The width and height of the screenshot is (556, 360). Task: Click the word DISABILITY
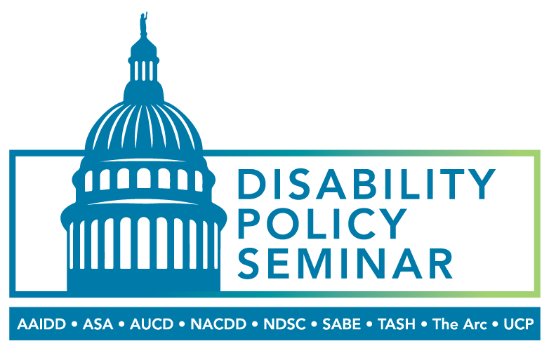pyautogui.click(x=366, y=184)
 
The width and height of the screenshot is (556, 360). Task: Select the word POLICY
pyautogui.click(x=322, y=224)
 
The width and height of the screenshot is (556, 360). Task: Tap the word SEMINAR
pyautogui.click(x=345, y=264)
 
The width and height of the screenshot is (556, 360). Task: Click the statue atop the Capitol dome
pyautogui.click(x=144, y=24)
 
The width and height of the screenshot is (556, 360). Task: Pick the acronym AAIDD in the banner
pyautogui.click(x=41, y=324)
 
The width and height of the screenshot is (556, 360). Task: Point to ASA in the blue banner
pyautogui.click(x=98, y=324)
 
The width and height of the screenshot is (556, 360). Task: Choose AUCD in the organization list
pyautogui.click(x=152, y=324)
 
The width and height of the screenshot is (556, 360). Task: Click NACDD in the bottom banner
pyautogui.click(x=218, y=324)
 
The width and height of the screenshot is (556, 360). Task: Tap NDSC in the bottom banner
pyautogui.click(x=284, y=324)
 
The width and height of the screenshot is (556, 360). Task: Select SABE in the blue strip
pyautogui.click(x=341, y=324)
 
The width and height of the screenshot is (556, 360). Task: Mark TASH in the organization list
pyautogui.click(x=396, y=324)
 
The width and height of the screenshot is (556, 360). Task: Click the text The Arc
pyautogui.click(x=460, y=324)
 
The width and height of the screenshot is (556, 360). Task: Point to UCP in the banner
pyautogui.click(x=518, y=324)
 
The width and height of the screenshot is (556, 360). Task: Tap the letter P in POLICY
pyautogui.click(x=249, y=224)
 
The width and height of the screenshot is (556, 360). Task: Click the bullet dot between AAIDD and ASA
pyautogui.click(x=74, y=324)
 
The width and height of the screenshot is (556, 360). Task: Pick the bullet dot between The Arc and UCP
pyautogui.click(x=496, y=324)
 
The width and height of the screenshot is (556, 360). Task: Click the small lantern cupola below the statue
pyautogui.click(x=144, y=64)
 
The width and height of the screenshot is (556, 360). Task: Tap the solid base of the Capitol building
pyautogui.click(x=144, y=281)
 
